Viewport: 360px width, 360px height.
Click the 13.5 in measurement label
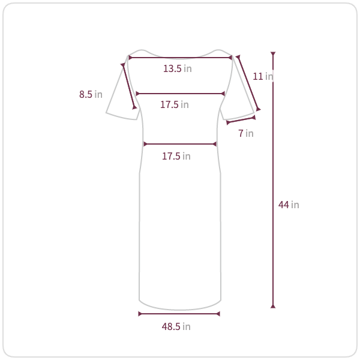pyautogui.click(x=177, y=68)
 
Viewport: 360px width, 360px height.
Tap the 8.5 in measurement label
pyautogui.click(x=91, y=94)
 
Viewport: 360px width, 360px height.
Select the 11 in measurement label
pyautogui.click(x=263, y=76)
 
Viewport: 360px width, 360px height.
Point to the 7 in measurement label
pyautogui.click(x=246, y=133)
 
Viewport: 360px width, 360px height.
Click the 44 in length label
pyautogui.click(x=289, y=205)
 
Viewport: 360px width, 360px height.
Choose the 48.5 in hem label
pyautogui.click(x=176, y=326)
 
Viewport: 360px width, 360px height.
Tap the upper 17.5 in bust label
pyautogui.click(x=175, y=104)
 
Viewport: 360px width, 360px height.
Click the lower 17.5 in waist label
pyautogui.click(x=176, y=157)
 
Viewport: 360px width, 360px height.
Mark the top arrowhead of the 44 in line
pyautogui.click(x=273, y=54)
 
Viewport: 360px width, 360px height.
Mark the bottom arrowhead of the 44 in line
pyautogui.click(x=273, y=306)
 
